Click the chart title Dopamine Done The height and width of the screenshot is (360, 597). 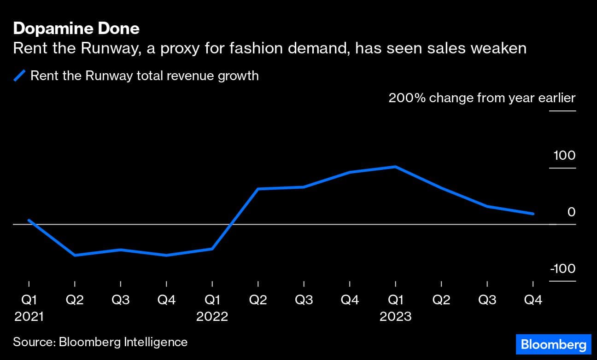pos(76,29)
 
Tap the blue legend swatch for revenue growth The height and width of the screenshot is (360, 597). pos(19,75)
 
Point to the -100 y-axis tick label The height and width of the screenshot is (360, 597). pos(562,269)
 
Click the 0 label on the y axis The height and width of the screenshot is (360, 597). pos(571,212)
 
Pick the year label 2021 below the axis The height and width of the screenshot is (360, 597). pos(29,317)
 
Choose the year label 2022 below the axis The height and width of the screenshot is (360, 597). pos(212,317)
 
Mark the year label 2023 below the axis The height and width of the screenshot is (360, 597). pos(395,317)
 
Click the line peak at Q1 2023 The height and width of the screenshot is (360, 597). pos(395,167)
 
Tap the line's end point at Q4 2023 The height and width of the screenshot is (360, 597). pos(533,214)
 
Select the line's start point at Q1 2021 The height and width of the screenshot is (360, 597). pos(29,220)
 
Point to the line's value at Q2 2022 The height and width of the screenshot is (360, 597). pos(258,189)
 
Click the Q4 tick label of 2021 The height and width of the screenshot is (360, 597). pos(166,300)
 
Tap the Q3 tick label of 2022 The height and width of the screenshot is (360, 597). pos(304,300)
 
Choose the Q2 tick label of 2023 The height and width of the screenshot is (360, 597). pos(441,300)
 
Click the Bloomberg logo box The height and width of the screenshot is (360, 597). pos(553,344)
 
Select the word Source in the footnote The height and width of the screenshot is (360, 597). pos(32,342)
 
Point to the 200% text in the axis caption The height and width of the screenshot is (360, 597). pos(407,98)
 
